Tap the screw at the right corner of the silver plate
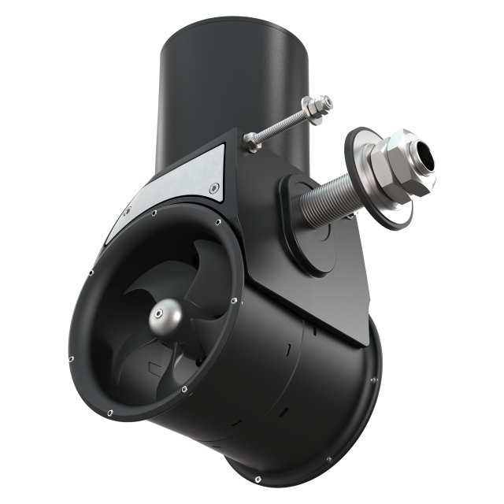[x=214, y=187]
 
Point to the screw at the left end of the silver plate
[x=128, y=210]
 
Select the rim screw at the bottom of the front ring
[x=183, y=389]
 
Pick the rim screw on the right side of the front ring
[x=233, y=302]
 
